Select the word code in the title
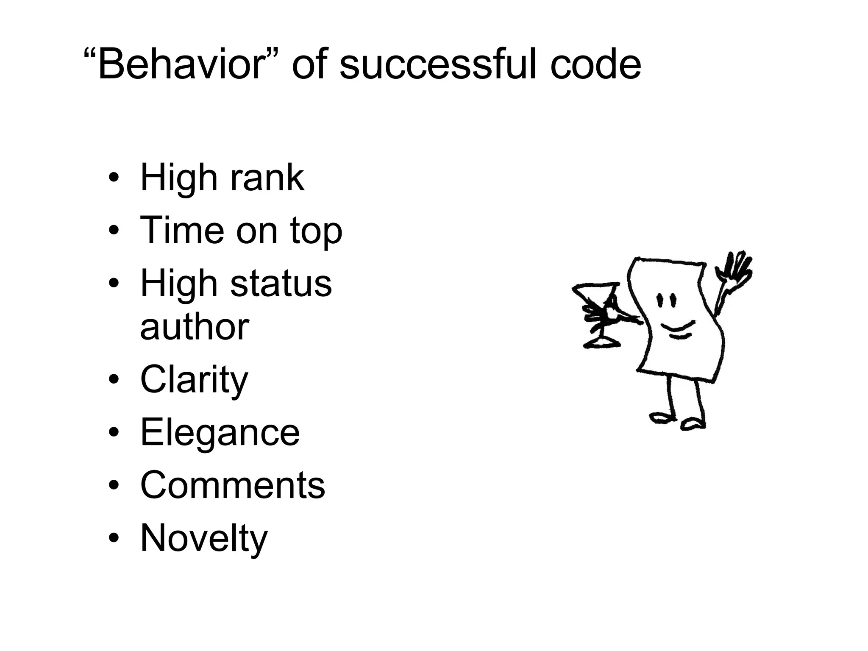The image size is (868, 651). click(595, 64)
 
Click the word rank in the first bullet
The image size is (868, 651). click(267, 178)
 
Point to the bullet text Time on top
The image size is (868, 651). click(241, 231)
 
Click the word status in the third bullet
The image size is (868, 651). click(281, 284)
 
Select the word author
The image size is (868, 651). click(194, 327)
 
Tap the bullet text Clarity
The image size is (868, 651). click(194, 380)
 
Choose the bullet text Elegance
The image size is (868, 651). click(220, 432)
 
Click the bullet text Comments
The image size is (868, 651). click(232, 485)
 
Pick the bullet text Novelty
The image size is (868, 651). click(203, 538)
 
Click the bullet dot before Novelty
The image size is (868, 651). click(114, 539)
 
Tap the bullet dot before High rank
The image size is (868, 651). click(114, 178)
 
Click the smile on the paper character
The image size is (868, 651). click(677, 329)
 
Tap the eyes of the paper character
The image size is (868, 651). click(665, 301)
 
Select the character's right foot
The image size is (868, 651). click(693, 424)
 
